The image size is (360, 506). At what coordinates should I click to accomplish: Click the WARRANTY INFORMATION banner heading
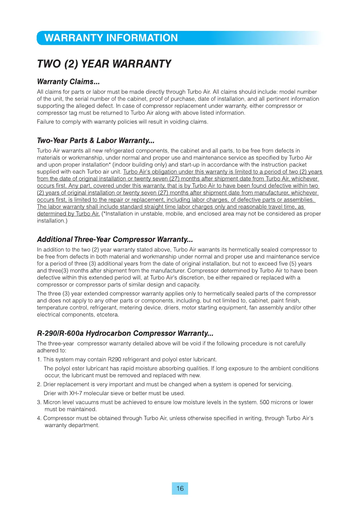[111, 38]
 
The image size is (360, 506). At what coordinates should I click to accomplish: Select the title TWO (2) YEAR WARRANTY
[104, 64]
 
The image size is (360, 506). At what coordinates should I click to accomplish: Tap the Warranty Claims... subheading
[68, 82]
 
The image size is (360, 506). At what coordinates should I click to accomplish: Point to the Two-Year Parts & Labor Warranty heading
[95, 140]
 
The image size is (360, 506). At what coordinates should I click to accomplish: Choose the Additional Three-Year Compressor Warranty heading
[115, 239]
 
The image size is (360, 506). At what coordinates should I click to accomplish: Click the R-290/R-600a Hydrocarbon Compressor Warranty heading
[125, 333]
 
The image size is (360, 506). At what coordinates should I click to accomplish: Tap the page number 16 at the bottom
[180, 488]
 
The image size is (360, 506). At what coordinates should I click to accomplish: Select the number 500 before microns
[264, 402]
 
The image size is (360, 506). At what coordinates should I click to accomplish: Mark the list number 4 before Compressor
[39, 418]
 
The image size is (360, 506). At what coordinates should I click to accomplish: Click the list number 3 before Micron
[39, 402]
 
